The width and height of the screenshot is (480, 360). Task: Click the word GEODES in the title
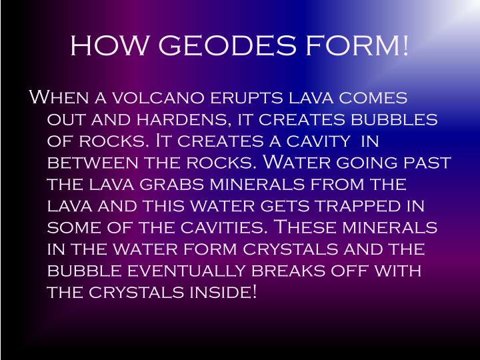click(223, 46)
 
